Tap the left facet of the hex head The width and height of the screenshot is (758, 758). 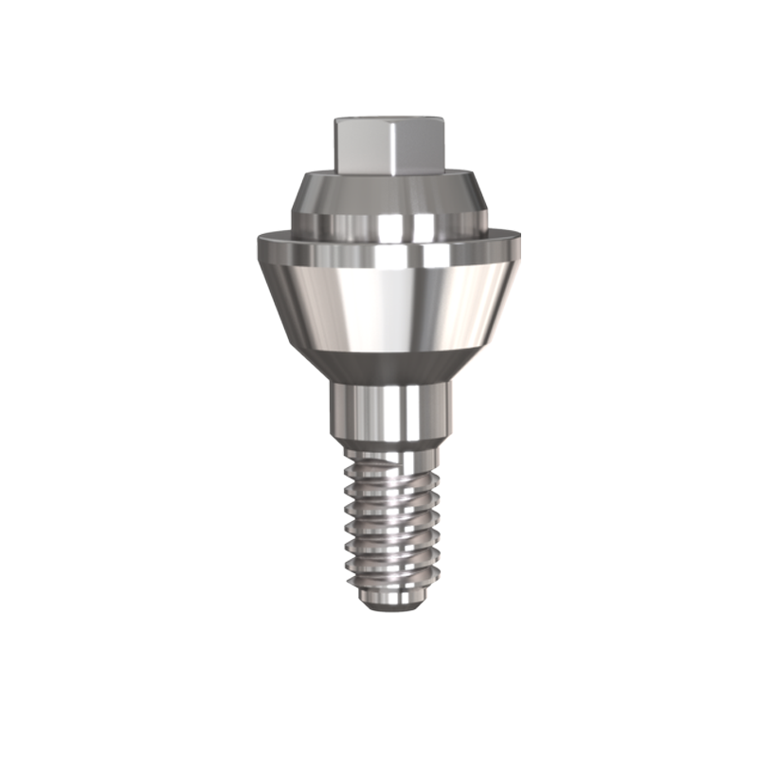[x=354, y=148]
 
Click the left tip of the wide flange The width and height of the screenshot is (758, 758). [x=258, y=248]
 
